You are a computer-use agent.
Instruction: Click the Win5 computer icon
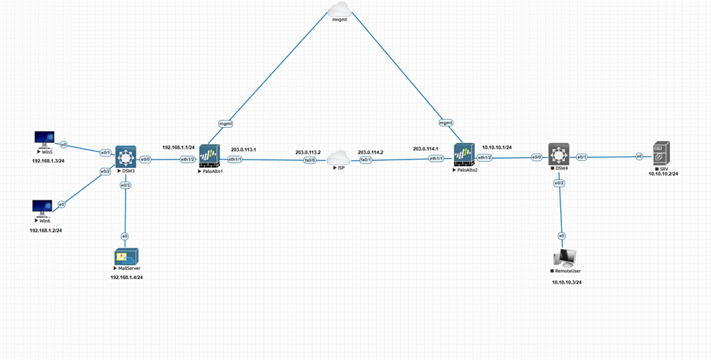click(45, 139)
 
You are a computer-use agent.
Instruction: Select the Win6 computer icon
click(42, 207)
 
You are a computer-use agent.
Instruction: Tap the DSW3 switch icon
click(126, 158)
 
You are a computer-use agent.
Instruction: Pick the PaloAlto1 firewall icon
click(209, 157)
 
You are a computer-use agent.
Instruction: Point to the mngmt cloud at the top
click(338, 8)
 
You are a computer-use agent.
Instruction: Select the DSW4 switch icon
click(559, 157)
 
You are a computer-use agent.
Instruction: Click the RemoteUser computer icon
click(562, 257)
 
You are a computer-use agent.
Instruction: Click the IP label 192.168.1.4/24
click(126, 278)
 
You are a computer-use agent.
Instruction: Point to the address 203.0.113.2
click(309, 151)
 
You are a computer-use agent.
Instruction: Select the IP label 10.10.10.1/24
click(497, 147)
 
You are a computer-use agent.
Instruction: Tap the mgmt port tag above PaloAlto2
click(446, 123)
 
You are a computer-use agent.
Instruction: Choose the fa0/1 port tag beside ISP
click(365, 160)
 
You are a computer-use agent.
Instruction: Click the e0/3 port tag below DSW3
click(126, 185)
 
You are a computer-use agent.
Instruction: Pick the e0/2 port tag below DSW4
click(560, 183)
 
